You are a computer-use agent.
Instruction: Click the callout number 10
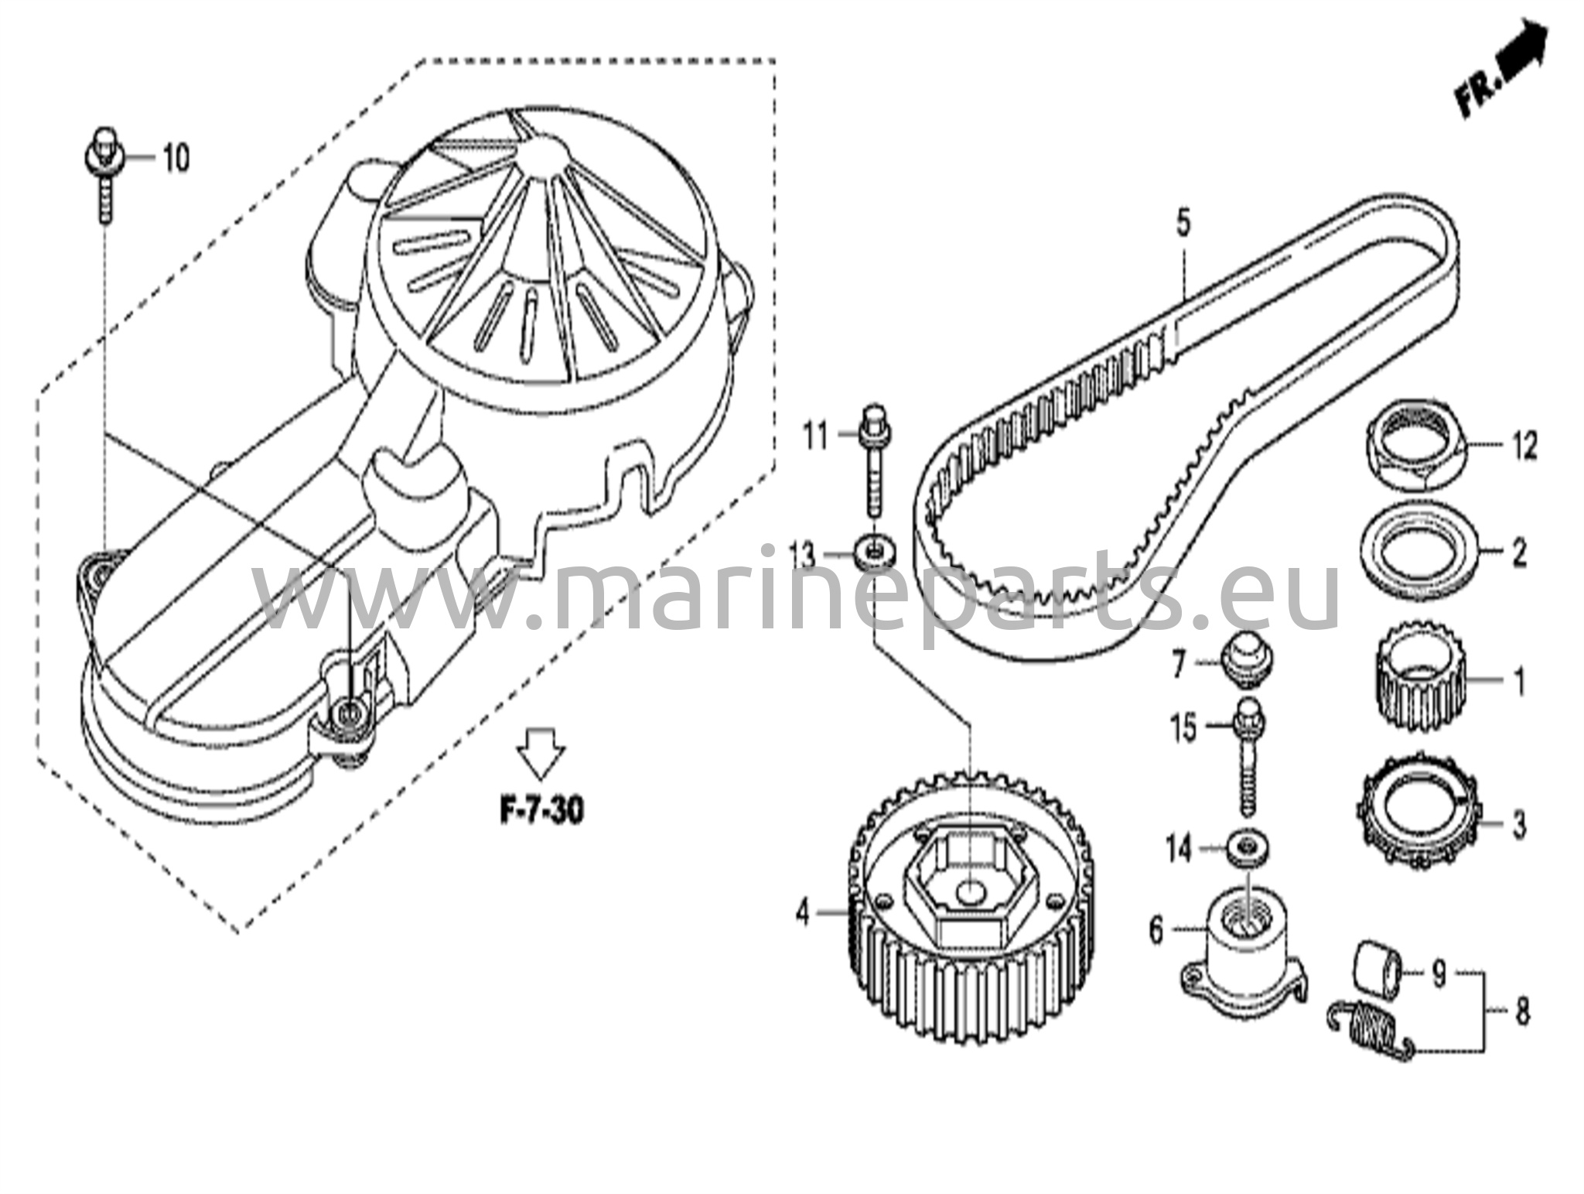point(176,159)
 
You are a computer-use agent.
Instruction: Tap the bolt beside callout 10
point(102,173)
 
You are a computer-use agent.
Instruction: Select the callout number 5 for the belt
point(1183,224)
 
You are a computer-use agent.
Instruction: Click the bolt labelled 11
point(874,460)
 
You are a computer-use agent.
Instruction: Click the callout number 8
point(1521,1011)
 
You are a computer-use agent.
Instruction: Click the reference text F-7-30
point(541,811)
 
